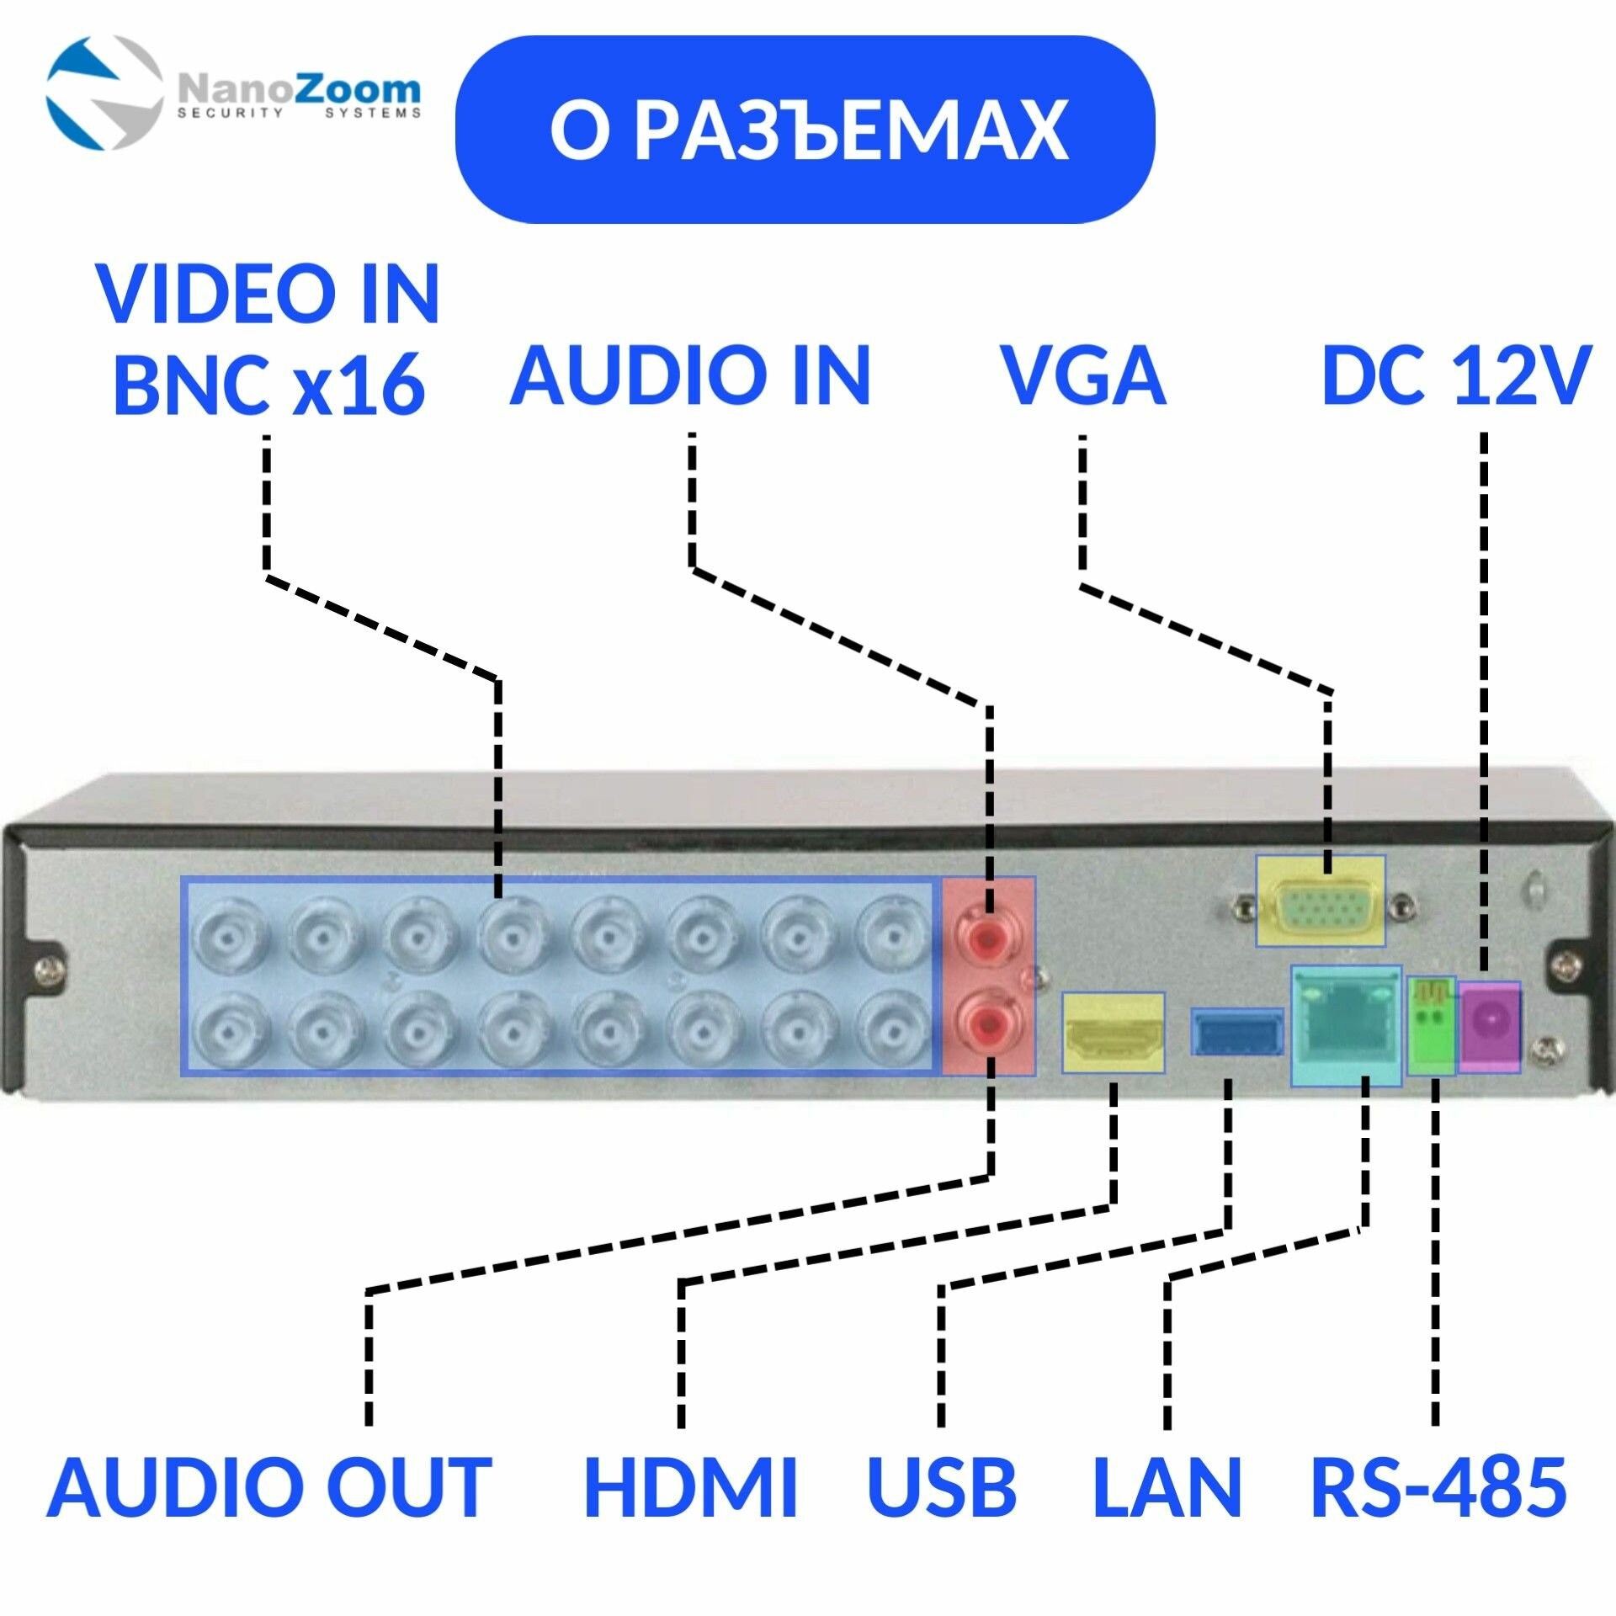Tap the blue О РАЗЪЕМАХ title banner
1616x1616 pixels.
(805, 130)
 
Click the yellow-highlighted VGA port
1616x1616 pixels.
(1320, 901)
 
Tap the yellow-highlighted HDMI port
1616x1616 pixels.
(1113, 1032)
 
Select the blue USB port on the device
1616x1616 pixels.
(1236, 1032)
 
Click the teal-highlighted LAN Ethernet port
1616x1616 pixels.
(1345, 1025)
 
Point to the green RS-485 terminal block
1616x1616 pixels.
(1431, 1025)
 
